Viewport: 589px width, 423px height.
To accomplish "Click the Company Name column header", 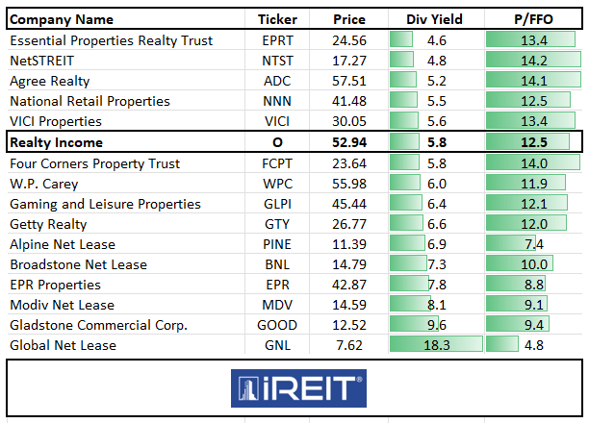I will click(62, 19).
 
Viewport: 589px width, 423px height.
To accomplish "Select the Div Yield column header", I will click(436, 19).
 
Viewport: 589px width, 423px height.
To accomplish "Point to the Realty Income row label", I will click(58, 142).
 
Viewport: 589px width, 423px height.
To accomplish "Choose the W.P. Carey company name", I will click(44, 183).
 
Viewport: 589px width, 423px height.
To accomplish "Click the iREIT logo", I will click(297, 389).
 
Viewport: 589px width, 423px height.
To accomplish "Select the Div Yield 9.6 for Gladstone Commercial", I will click(436, 325).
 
